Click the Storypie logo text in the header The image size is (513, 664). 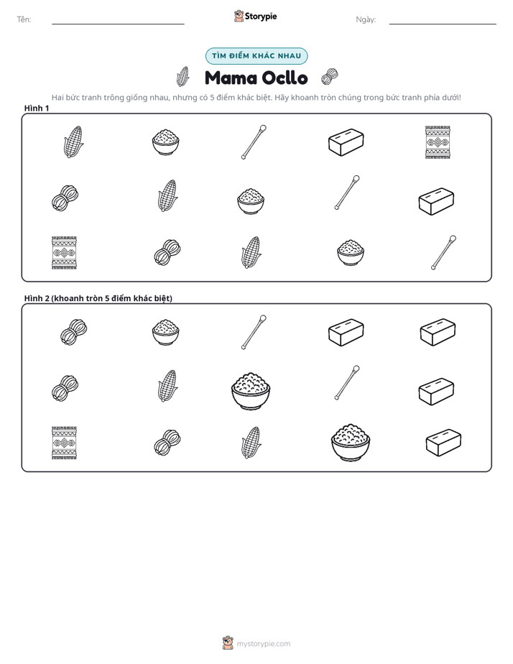tap(261, 17)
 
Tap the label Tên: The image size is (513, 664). tap(24, 19)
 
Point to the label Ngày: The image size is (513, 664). tap(366, 19)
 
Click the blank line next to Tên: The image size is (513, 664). tap(118, 24)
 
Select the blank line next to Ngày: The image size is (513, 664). tap(443, 24)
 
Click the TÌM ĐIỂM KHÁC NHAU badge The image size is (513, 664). tap(256, 56)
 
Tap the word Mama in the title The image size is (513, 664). tap(231, 78)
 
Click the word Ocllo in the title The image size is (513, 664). tap(285, 78)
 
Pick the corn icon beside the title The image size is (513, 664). tap(182, 76)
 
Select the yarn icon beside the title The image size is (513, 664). tap(329, 77)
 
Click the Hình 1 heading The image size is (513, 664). tap(37, 109)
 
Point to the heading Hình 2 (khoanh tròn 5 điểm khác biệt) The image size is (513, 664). tap(98, 298)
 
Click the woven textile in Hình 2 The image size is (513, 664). tap(65, 443)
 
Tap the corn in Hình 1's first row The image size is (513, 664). tap(73, 142)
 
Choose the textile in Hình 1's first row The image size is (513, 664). tap(438, 142)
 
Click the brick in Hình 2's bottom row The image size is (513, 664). tap(443, 443)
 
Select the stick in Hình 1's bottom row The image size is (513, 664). tap(443, 252)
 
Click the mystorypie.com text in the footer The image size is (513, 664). tap(263, 644)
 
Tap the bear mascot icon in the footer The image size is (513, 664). tap(228, 643)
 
